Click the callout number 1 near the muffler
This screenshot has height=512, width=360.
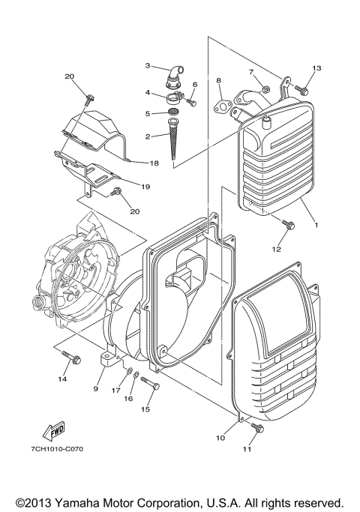[316, 224]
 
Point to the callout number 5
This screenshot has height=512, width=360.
[148, 114]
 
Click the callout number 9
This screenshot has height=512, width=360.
[96, 389]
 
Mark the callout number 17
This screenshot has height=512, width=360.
[116, 390]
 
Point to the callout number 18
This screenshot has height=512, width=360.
[154, 163]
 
